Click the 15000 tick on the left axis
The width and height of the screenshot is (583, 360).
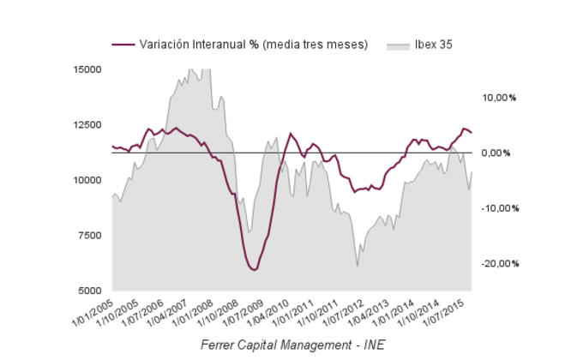(88, 69)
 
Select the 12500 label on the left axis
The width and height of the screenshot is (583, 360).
(88, 125)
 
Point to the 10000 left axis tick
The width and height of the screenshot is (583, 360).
(88, 180)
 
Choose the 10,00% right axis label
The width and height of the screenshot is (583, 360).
(500, 98)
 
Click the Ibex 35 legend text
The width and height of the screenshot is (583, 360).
(434, 45)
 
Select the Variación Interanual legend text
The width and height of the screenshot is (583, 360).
(254, 45)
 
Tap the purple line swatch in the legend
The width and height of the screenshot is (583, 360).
(123, 45)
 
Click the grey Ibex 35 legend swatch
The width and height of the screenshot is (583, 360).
(399, 45)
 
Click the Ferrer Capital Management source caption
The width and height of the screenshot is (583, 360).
(291, 345)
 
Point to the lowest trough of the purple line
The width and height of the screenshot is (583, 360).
(253, 270)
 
